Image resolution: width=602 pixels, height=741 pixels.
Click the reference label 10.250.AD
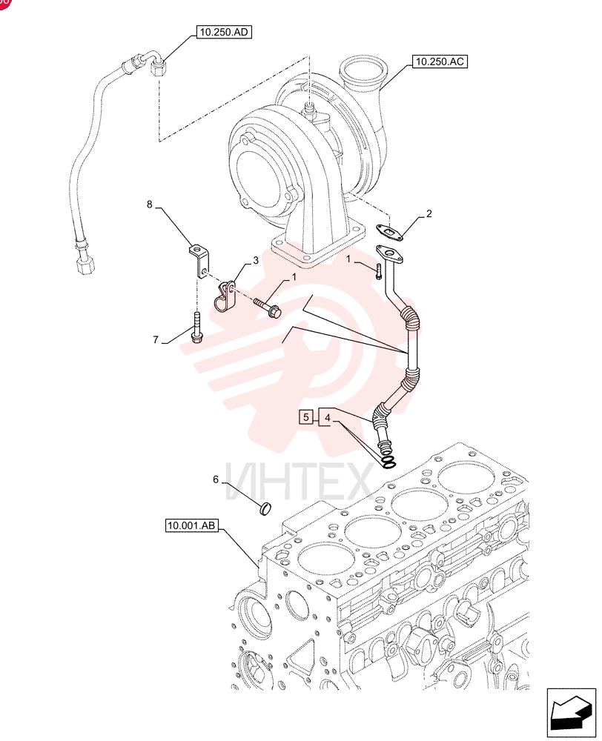(224, 32)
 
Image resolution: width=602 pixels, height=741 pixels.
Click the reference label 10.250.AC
(440, 62)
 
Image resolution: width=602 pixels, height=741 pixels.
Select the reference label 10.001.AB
(192, 525)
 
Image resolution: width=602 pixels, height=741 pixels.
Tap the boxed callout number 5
(306, 416)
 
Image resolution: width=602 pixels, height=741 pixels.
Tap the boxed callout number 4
(327, 417)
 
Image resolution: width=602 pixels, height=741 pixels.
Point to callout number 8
(150, 205)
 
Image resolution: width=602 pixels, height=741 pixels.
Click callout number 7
(156, 339)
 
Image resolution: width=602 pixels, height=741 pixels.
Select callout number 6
(216, 479)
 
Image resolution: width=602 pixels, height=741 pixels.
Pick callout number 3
(255, 260)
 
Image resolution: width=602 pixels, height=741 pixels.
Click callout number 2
(429, 213)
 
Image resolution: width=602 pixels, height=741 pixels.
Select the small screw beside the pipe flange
(378, 272)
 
